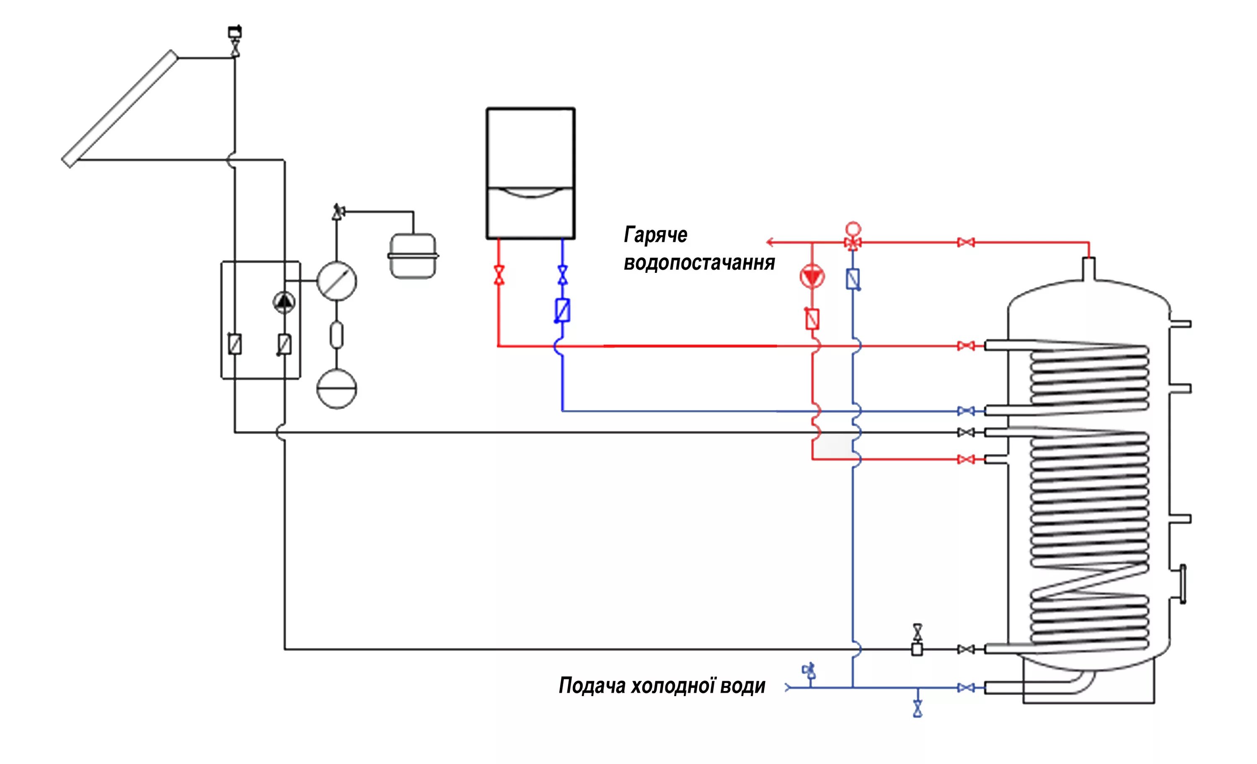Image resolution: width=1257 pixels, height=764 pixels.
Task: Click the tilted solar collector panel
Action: click(120, 108)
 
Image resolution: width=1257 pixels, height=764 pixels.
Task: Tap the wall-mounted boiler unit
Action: click(530, 173)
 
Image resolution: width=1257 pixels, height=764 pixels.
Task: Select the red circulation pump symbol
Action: click(812, 277)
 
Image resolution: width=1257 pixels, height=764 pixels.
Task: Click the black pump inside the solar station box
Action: click(284, 302)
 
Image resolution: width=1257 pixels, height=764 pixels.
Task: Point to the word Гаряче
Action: click(656, 235)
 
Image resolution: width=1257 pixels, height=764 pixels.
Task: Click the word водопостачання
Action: click(699, 263)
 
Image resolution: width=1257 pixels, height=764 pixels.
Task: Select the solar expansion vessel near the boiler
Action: click(413, 256)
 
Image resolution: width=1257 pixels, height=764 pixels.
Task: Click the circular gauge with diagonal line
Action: click(337, 281)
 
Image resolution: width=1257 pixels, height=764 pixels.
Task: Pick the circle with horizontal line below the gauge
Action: click(337, 389)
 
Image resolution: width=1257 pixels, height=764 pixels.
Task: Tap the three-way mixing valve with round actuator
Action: click(853, 238)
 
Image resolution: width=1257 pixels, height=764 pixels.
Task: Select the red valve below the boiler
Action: click(499, 275)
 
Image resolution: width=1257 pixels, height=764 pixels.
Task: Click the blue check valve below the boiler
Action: click(562, 310)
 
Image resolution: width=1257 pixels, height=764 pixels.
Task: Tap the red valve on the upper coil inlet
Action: click(966, 346)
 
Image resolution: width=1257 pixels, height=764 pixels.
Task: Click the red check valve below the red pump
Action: click(812, 319)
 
